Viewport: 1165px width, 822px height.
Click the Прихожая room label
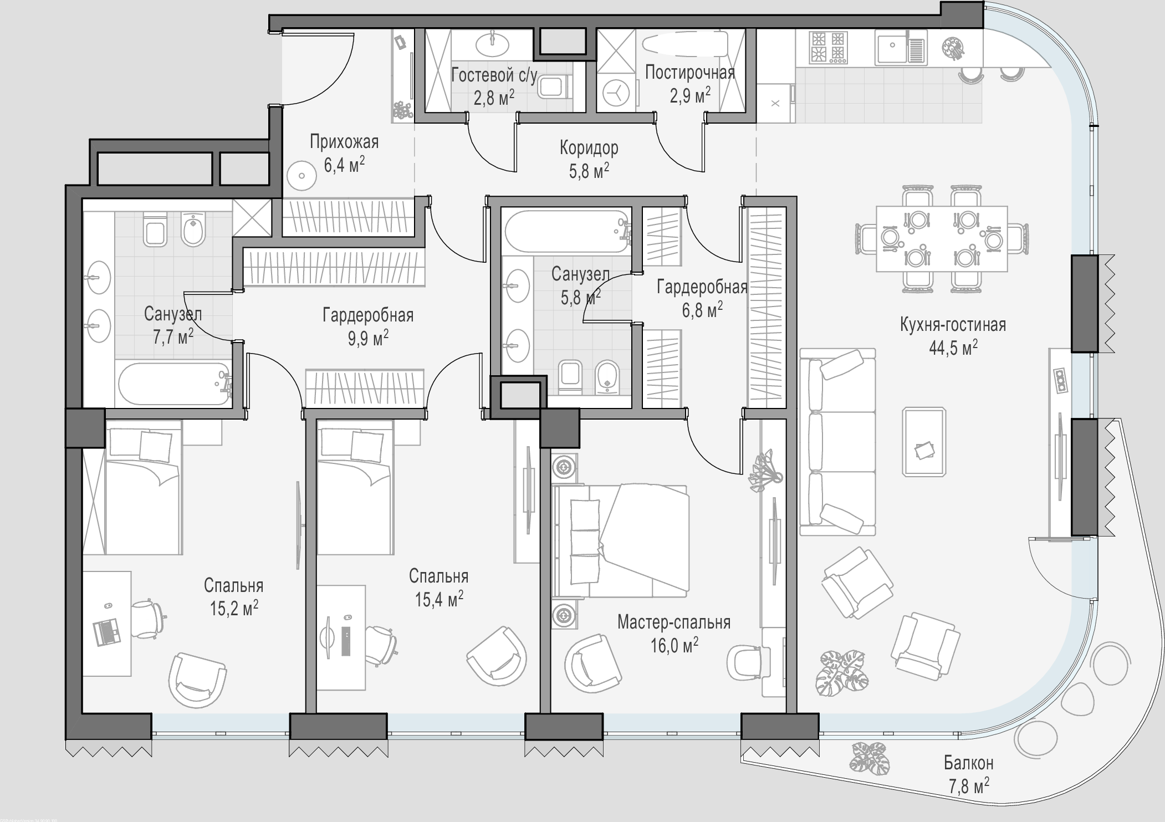pos(344,142)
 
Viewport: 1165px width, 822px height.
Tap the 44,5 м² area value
pos(953,348)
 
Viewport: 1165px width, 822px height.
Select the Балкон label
pos(969,763)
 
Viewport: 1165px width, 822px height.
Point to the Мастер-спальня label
pos(674,622)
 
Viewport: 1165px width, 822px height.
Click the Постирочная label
pos(690,73)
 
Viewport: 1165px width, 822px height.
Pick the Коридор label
pos(589,148)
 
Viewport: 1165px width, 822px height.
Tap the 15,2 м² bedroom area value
pos(234,608)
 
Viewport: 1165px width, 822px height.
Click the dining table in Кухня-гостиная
pos(942,239)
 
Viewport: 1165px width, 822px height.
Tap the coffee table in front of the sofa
pos(924,441)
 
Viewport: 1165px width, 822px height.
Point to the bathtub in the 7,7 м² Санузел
pos(175,384)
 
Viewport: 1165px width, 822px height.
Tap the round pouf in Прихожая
pos(302,176)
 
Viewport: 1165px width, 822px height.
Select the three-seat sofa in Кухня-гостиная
pos(838,442)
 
